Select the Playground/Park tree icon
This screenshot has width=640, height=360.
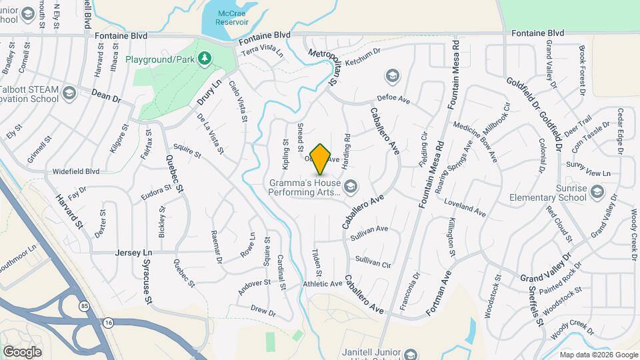click(205, 59)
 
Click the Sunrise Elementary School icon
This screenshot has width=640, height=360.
click(597, 193)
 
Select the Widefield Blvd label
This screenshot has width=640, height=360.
click(76, 171)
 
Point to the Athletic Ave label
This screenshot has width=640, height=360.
click(323, 284)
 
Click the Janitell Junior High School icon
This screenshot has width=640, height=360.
click(411, 354)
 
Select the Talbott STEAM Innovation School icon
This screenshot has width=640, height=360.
click(69, 95)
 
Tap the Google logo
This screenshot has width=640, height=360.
click(22, 351)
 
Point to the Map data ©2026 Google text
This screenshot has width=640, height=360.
click(597, 355)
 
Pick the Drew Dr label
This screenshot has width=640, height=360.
click(263, 311)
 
